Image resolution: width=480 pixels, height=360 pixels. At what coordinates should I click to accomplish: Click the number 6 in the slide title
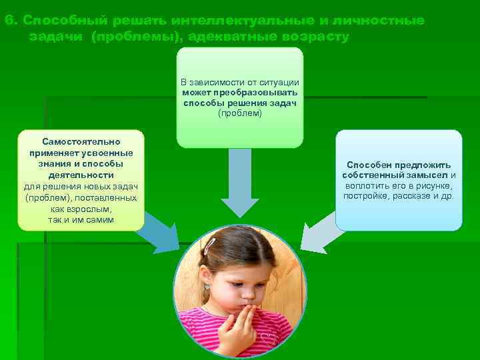(x=8, y=21)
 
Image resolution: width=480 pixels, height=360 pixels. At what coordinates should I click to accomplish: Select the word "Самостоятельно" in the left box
(x=81, y=142)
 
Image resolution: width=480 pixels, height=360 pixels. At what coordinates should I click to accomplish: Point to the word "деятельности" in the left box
(x=81, y=175)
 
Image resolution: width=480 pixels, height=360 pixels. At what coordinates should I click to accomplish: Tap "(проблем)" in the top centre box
(x=240, y=113)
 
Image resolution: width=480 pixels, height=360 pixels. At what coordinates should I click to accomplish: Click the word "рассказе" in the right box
(x=417, y=196)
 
